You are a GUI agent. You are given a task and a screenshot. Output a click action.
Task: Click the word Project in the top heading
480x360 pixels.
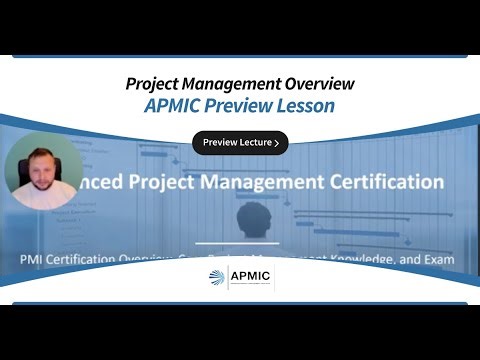pos(151,84)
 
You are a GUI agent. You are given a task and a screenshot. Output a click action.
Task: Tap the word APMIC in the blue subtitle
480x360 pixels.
pos(176,106)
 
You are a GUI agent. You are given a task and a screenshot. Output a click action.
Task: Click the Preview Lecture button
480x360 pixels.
pos(240,143)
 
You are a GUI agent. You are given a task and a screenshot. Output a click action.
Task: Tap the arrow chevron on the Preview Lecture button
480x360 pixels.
pos(275,143)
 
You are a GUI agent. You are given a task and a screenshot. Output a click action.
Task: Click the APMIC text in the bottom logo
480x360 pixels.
pos(252,277)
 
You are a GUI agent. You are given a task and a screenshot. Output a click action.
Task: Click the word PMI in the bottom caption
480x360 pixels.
pos(33,260)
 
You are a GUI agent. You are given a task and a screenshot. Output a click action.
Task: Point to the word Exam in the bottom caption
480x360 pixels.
pos(436,260)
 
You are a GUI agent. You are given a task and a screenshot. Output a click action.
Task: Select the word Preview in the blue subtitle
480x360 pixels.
pos(241,106)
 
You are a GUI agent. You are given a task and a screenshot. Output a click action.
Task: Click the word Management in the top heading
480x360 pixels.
pos(227,84)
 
